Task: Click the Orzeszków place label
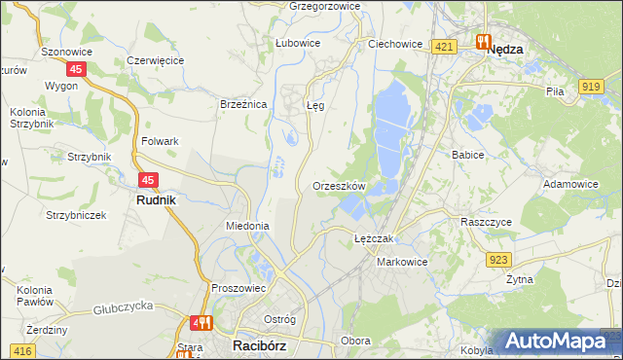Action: click(x=339, y=186)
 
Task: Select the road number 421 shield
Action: click(x=445, y=47)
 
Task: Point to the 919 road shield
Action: click(x=590, y=87)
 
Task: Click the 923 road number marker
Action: click(x=499, y=259)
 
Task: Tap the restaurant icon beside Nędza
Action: click(x=482, y=42)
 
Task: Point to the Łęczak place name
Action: click(x=373, y=238)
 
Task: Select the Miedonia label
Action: click(x=247, y=226)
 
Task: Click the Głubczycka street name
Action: click(x=124, y=309)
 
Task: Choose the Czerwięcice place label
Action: click(x=156, y=60)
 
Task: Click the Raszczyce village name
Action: click(x=486, y=222)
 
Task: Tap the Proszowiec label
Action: click(x=238, y=288)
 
